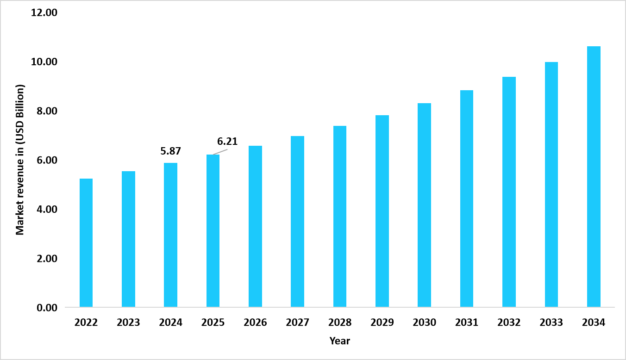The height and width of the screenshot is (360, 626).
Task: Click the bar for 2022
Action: pos(86,242)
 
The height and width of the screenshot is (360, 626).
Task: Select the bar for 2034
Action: pos(594,176)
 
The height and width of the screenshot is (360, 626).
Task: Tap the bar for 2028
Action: pos(340,216)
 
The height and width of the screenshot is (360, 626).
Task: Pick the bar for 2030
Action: pos(424,205)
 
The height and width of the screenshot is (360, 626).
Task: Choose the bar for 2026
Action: pos(255,226)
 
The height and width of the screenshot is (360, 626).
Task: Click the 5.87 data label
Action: pos(170,151)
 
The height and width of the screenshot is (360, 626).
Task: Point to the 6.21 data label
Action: pos(227,142)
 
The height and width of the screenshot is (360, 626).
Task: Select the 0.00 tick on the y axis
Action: pos(47,308)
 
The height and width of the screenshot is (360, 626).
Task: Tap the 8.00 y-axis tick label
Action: pos(47,111)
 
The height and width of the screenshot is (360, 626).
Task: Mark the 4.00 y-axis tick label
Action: pos(47,210)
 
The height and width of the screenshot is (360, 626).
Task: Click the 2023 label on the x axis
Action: pos(128,323)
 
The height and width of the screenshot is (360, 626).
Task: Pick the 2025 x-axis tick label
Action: pos(213,323)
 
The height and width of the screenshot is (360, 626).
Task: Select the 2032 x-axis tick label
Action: pos(509,323)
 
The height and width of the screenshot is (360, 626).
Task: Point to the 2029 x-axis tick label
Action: pos(382,323)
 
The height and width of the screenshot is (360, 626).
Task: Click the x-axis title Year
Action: pos(340,341)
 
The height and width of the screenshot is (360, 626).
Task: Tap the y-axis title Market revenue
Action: pos(20,160)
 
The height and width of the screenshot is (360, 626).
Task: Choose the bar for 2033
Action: pos(551,184)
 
